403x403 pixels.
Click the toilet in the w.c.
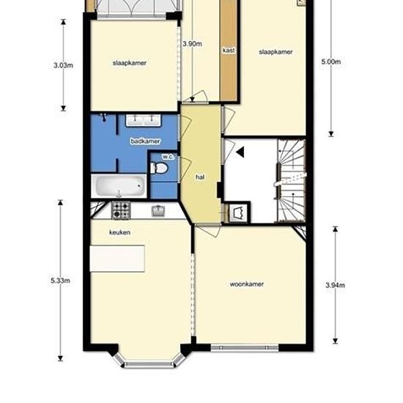(x=158, y=168)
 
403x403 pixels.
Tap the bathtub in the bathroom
(x=119, y=186)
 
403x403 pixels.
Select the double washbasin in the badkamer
(x=143, y=120)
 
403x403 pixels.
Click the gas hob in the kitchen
(x=121, y=210)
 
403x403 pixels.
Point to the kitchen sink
(x=158, y=211)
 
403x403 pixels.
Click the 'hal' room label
(x=200, y=177)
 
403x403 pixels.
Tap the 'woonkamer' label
(x=246, y=284)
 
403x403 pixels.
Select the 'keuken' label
(x=119, y=232)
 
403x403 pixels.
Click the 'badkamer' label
(x=145, y=141)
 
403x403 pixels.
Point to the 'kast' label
(x=229, y=50)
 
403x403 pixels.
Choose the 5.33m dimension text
(x=60, y=281)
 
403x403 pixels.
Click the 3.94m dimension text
(x=335, y=285)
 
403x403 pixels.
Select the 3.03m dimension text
(x=63, y=65)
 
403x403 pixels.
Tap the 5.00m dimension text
(x=331, y=62)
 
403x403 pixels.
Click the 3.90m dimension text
(x=192, y=44)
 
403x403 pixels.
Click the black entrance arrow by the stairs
(x=240, y=152)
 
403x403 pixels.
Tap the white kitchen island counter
(x=117, y=259)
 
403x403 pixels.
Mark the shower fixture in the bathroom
(x=103, y=117)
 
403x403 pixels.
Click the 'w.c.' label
(x=168, y=157)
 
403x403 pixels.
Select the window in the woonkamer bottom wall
(x=245, y=348)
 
